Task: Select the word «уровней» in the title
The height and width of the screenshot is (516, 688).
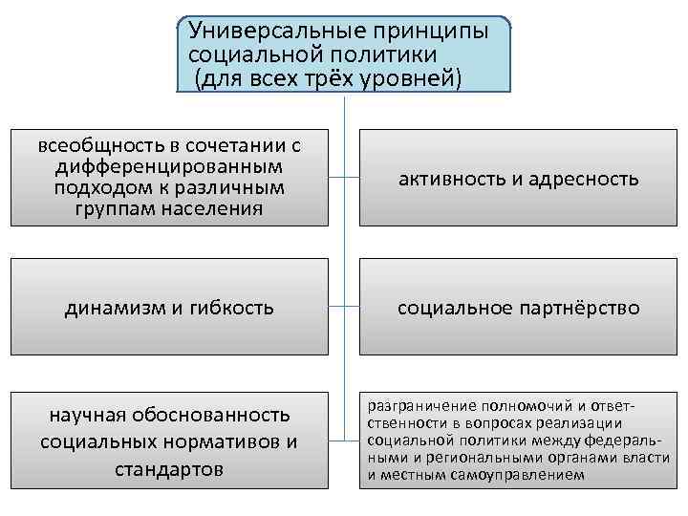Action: coord(408,78)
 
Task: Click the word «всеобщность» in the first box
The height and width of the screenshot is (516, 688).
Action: coord(93,146)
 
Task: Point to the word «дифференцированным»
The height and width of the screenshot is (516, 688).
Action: coord(169,166)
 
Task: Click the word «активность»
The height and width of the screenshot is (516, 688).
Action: coord(446,179)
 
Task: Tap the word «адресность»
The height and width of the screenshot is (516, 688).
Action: coord(584,179)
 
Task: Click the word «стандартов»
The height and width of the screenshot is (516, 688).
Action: coord(169,469)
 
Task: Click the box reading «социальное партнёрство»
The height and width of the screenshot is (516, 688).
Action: coord(519,309)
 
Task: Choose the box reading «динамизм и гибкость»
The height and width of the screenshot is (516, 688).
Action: coord(169,309)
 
